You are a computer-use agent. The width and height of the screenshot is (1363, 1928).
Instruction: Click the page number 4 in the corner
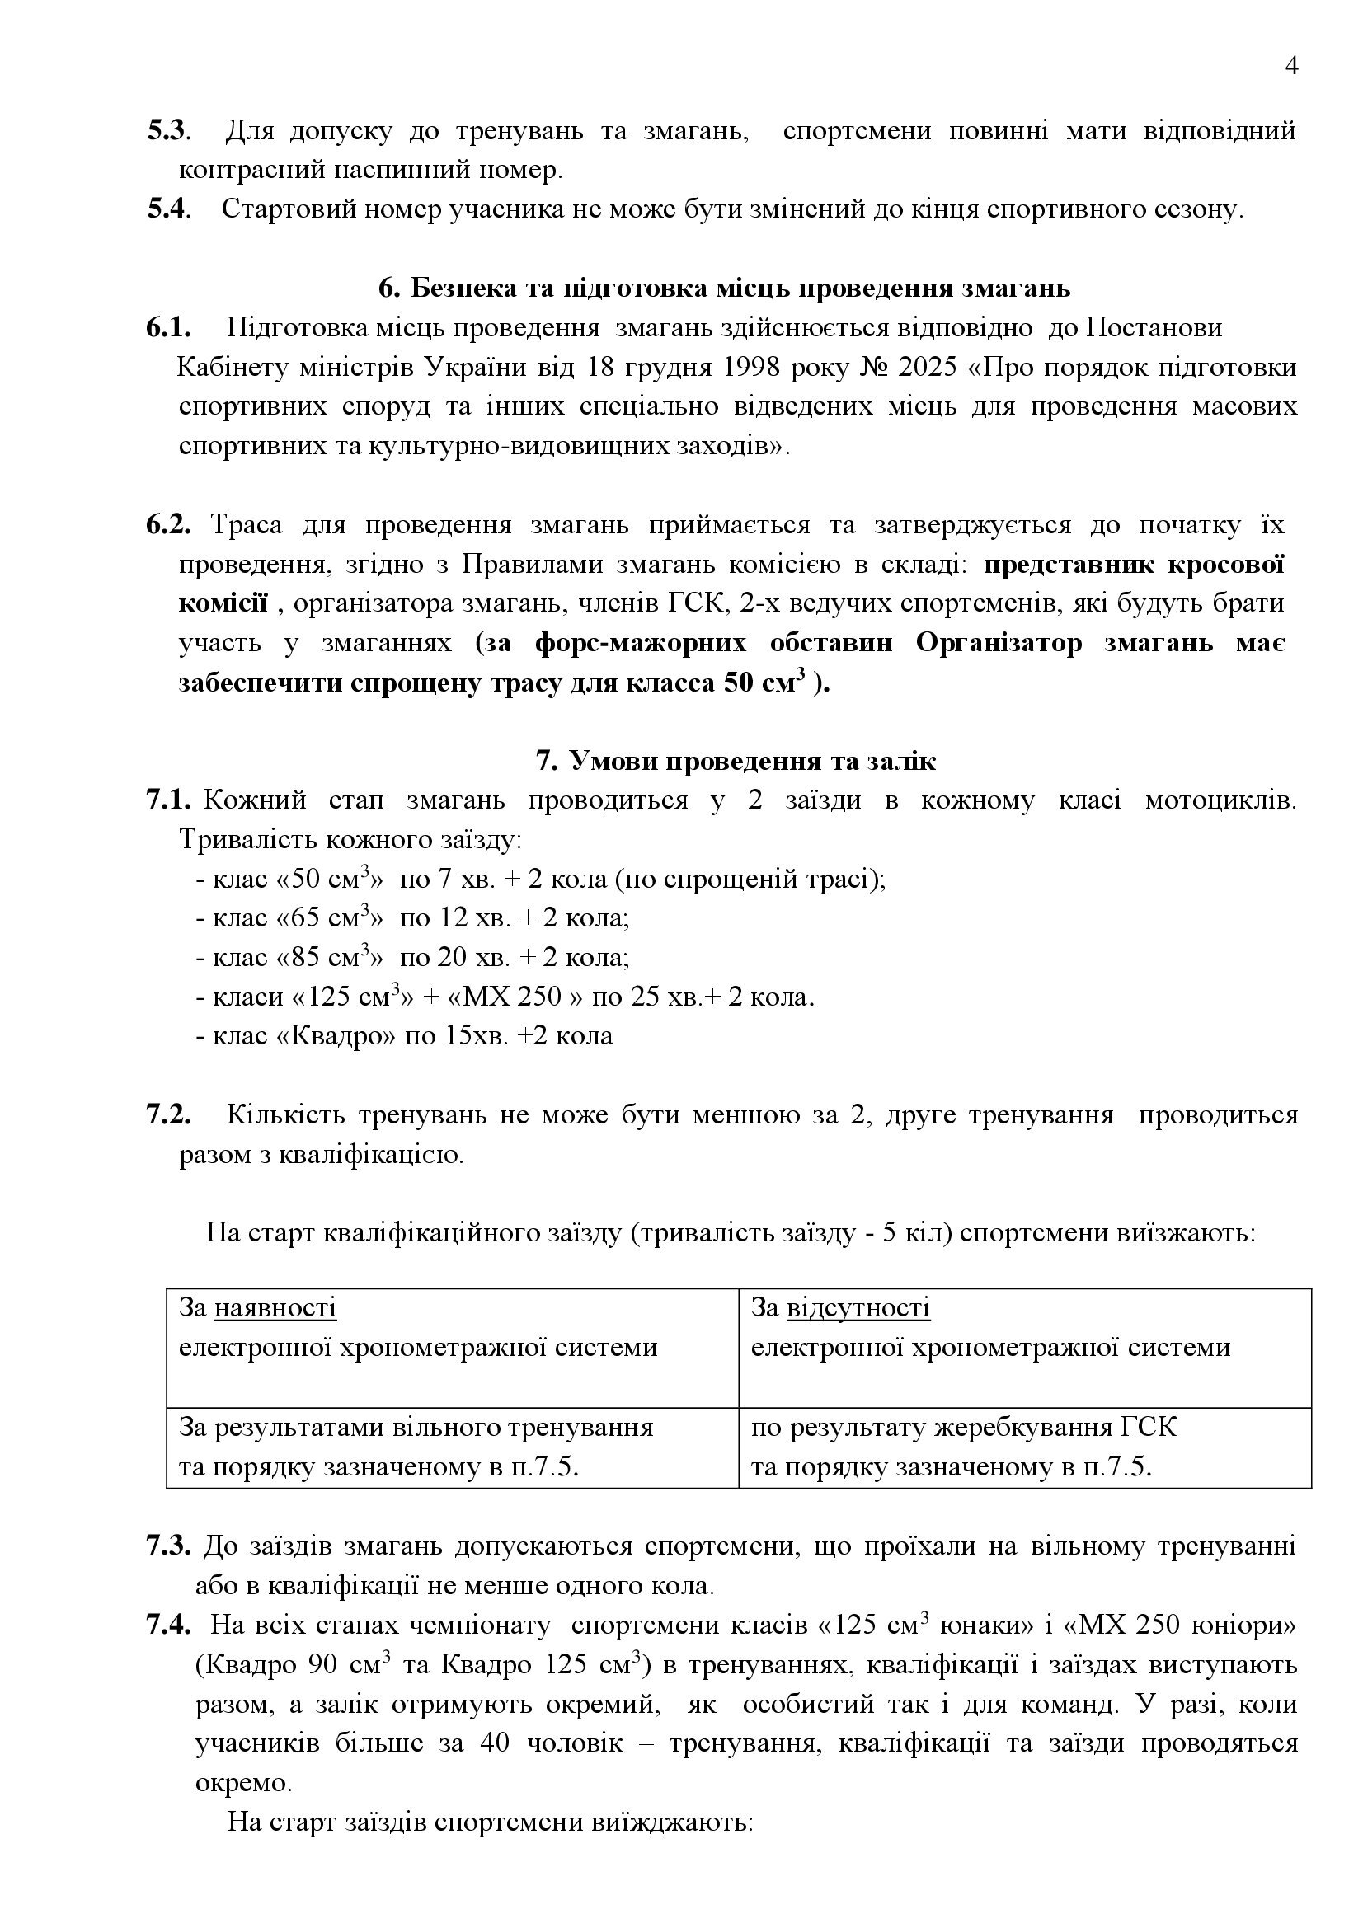(1291, 66)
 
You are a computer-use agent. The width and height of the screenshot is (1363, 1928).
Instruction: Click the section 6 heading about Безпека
(724, 288)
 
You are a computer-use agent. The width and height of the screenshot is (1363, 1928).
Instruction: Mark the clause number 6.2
(168, 525)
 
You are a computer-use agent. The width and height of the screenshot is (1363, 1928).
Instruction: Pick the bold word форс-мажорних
(640, 643)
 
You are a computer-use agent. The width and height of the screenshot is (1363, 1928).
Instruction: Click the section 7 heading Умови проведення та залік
(736, 761)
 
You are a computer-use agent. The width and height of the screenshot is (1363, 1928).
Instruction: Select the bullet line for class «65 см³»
(412, 917)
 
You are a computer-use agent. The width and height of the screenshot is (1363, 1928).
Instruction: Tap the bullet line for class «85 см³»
(412, 956)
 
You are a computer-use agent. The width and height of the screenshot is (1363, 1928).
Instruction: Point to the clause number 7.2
(168, 1115)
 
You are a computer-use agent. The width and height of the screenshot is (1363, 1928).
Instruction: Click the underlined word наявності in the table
(275, 1308)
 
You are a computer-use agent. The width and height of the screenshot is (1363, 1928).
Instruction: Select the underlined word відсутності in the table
(858, 1308)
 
